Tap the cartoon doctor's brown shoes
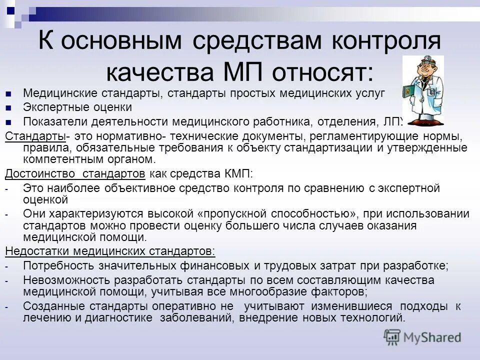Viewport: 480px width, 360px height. tap(429, 122)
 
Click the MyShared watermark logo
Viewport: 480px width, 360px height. tap(422, 337)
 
